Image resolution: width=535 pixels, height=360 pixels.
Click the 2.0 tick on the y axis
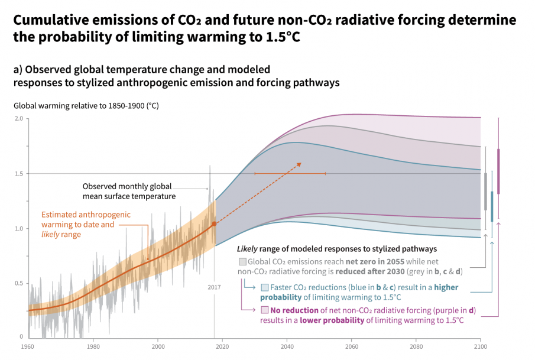click(19, 118)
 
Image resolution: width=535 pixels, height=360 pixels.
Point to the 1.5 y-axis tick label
click(19, 173)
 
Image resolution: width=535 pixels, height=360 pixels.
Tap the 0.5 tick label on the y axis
click(19, 283)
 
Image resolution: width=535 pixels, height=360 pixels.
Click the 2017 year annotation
click(214, 287)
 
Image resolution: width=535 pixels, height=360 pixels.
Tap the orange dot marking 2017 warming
click(214, 224)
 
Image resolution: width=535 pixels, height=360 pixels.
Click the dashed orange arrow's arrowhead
click(299, 164)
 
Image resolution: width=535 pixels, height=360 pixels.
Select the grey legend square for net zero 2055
click(242, 261)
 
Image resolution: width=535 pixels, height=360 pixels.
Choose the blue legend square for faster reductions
click(265, 287)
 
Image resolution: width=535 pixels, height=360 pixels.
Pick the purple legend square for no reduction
click(265, 310)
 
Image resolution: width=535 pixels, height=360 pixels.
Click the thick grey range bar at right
click(485, 191)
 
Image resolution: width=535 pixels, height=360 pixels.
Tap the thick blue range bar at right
click(492, 206)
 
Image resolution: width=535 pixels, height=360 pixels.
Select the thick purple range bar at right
click(498, 171)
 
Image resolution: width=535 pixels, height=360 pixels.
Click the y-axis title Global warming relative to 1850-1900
click(86, 106)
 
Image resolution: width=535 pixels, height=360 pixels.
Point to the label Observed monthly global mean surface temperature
click(129, 190)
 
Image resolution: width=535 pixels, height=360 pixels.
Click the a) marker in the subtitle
click(18, 69)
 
